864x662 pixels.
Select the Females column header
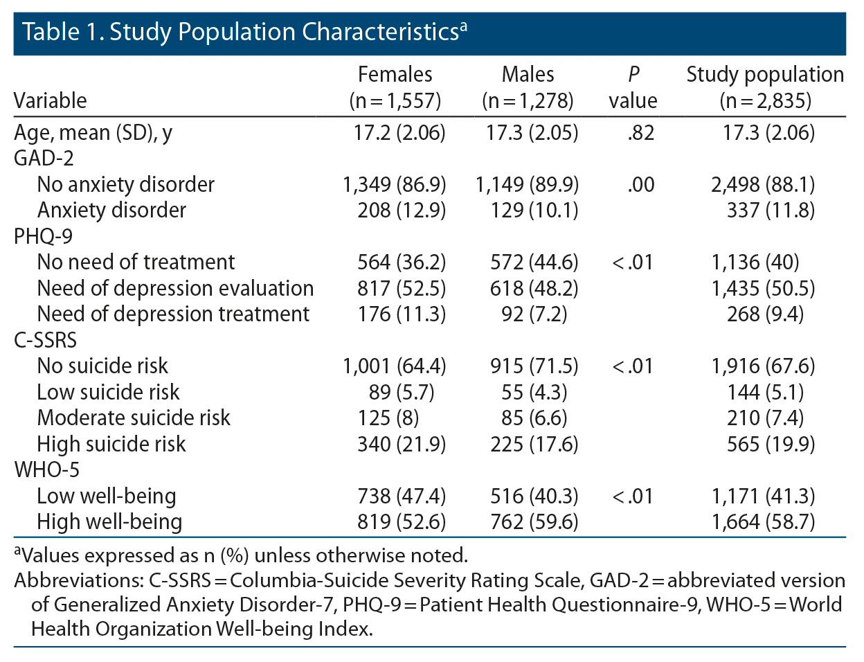tap(395, 87)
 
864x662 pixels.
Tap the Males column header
tap(528, 87)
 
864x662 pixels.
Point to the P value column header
tap(633, 87)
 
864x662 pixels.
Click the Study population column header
tap(765, 87)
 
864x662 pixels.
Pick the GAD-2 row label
tap(44, 159)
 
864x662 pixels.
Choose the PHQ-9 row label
tap(43, 236)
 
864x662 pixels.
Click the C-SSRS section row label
tap(46, 340)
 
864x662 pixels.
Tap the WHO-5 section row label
tap(46, 470)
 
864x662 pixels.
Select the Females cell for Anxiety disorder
tap(402, 211)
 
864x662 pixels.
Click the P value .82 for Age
tap(640, 132)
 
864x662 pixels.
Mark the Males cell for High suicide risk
tap(533, 444)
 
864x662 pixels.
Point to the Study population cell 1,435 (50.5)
tap(763, 288)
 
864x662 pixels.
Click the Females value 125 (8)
tap(388, 418)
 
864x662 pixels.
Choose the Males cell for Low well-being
tap(533, 496)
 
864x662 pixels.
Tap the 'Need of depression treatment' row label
tap(173, 314)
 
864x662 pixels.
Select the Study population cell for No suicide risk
tap(763, 366)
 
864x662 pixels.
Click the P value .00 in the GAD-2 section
tap(640, 185)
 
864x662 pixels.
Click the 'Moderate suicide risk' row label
tap(134, 418)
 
